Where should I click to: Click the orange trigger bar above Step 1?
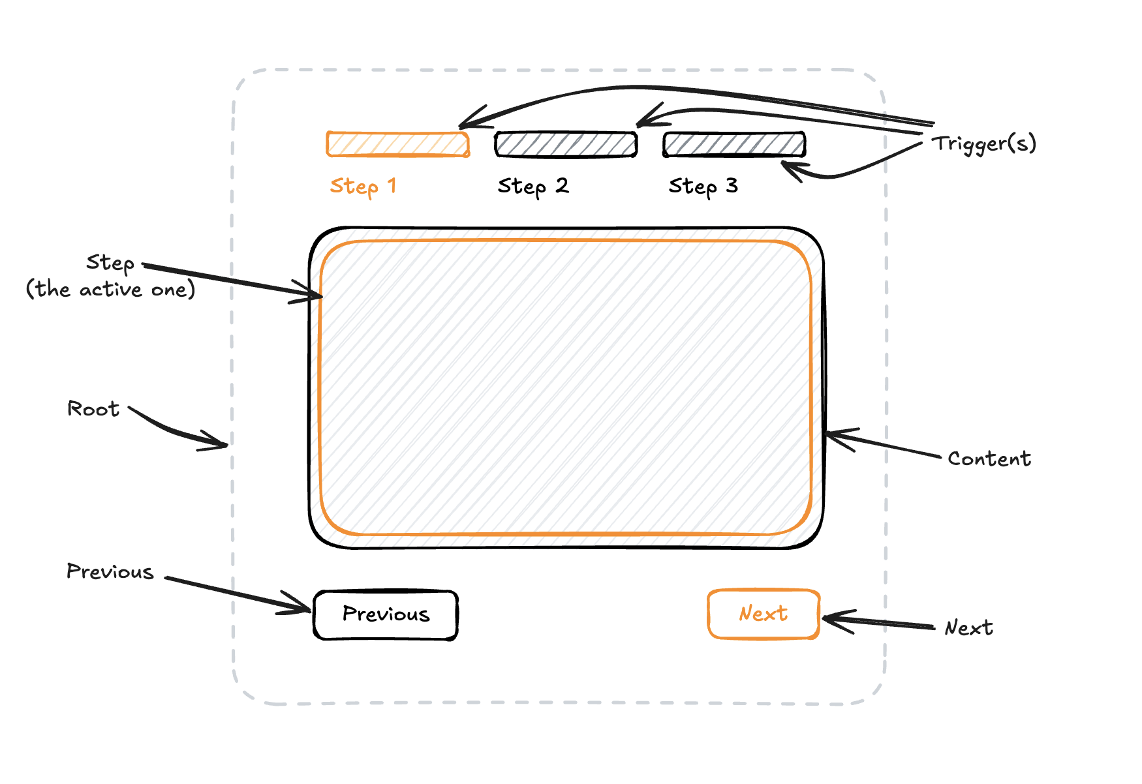[x=397, y=144]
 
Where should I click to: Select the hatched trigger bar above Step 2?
[x=566, y=144]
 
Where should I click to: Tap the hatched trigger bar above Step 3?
[x=734, y=144]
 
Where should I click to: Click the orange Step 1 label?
[x=363, y=187]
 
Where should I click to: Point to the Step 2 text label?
[x=533, y=187]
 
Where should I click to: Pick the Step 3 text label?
[x=703, y=187]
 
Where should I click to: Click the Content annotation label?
[x=989, y=459]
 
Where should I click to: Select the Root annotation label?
[x=93, y=409]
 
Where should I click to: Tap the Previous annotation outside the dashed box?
[x=110, y=571]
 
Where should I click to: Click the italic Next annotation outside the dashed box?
[x=968, y=627]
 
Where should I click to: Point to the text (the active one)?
[x=110, y=289]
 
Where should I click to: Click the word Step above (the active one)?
[x=110, y=262]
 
